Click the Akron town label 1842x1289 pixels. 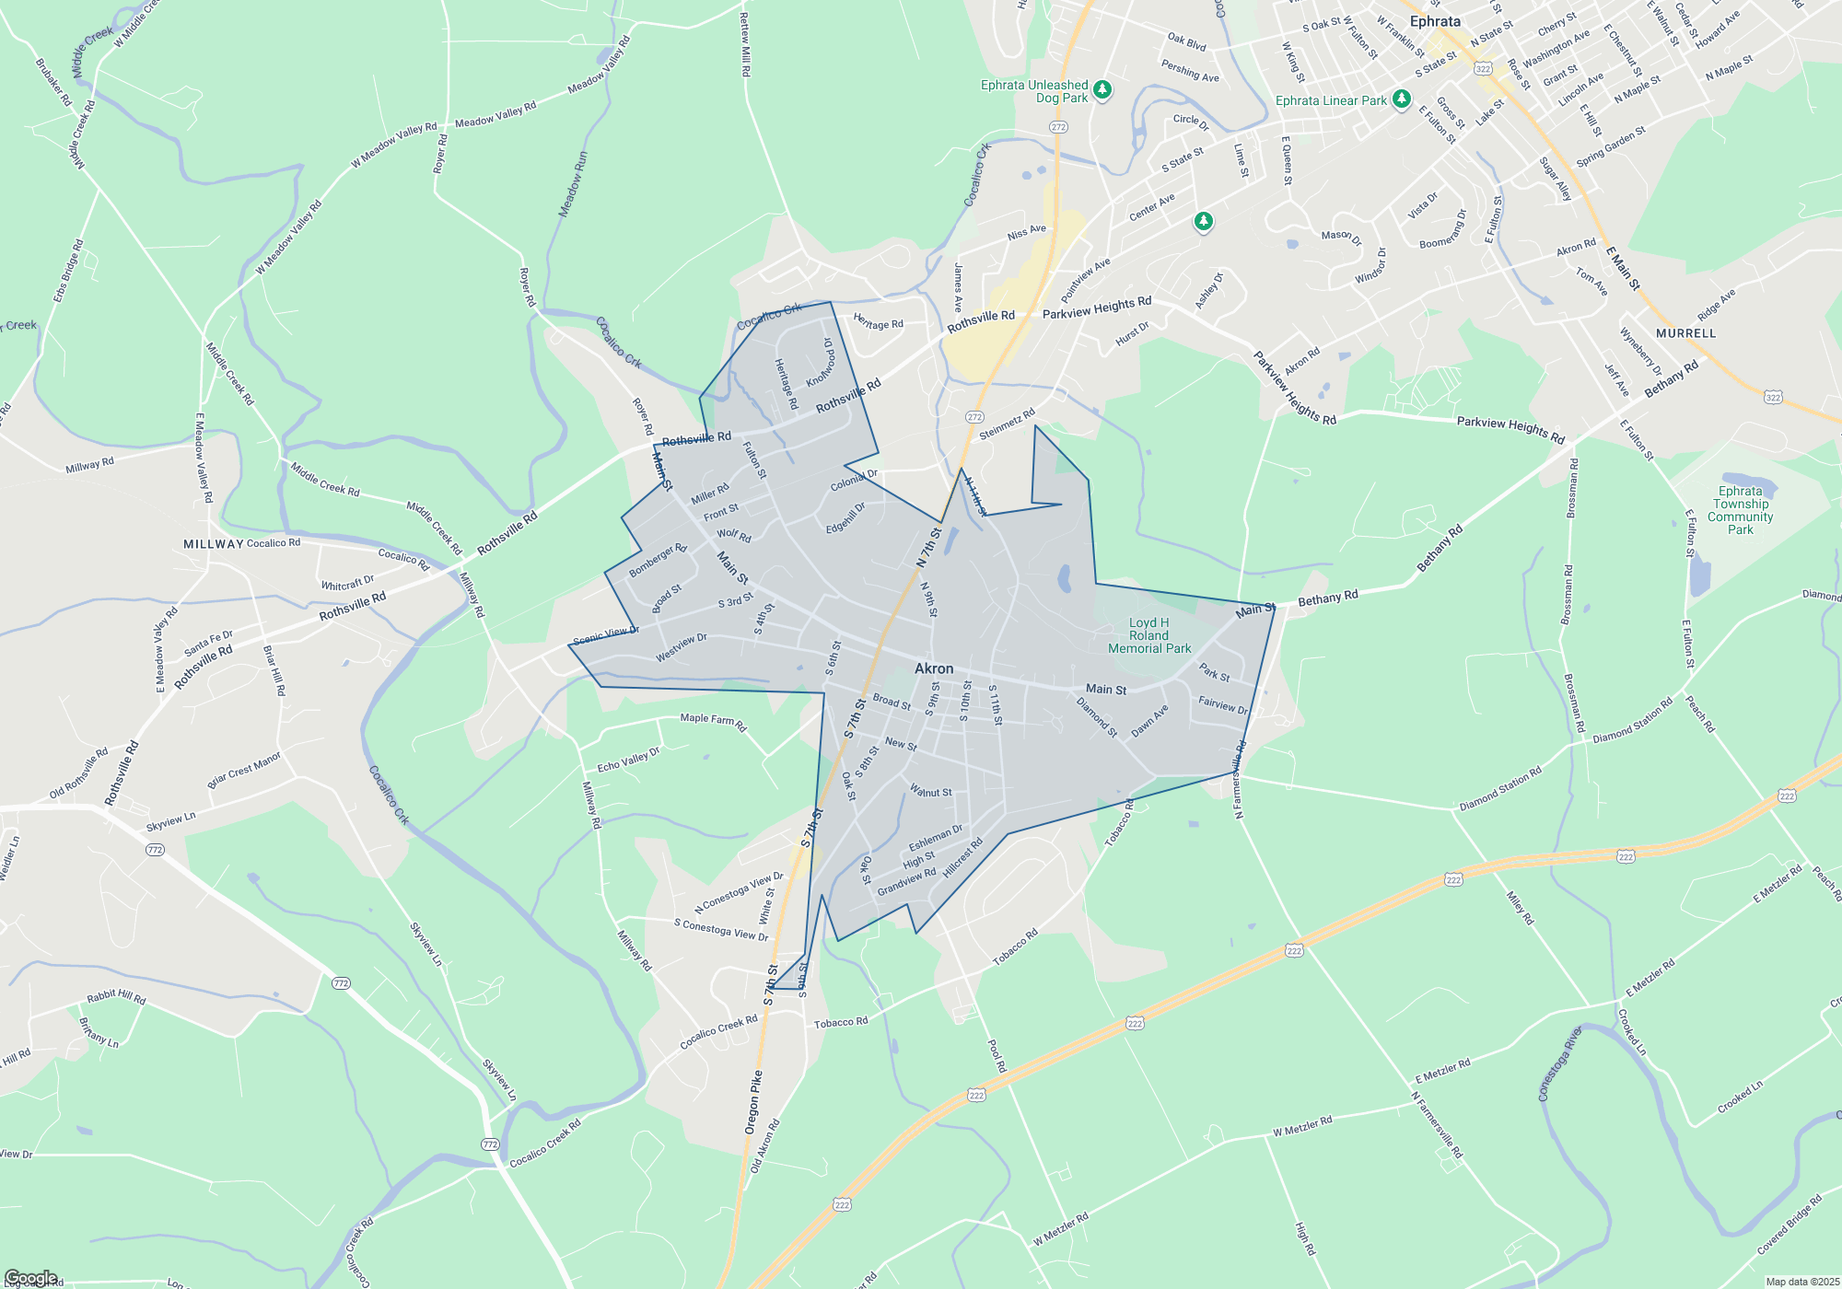click(x=934, y=668)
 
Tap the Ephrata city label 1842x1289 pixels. click(x=1435, y=21)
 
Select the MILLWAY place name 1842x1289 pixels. click(x=214, y=544)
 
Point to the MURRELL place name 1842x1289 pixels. click(x=1685, y=333)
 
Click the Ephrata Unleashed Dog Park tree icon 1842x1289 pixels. click(x=1102, y=89)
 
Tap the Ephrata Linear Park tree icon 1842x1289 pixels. click(x=1401, y=99)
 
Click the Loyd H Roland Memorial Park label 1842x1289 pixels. click(x=1149, y=635)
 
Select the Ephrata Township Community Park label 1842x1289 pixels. click(x=1740, y=510)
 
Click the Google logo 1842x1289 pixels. click(x=31, y=1278)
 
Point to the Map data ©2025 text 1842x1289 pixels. click(x=1802, y=1282)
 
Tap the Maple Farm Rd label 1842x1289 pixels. click(x=713, y=722)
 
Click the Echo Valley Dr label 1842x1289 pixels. click(x=628, y=761)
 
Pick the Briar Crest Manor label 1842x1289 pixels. click(x=244, y=770)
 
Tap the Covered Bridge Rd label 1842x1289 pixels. click(x=1789, y=1225)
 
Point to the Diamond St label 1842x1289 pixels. click(x=1097, y=717)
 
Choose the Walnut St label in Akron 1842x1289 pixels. click(x=931, y=791)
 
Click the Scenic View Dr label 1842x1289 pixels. click(x=606, y=636)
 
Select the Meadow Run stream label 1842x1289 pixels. click(x=572, y=184)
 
